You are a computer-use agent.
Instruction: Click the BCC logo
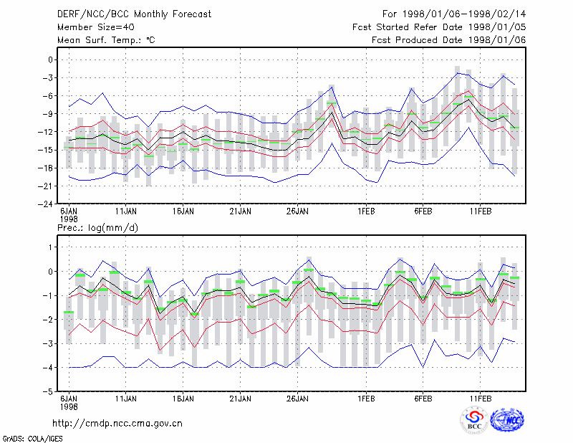(474, 421)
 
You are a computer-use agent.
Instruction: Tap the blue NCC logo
(507, 420)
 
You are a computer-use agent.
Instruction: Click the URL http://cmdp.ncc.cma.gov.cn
(117, 424)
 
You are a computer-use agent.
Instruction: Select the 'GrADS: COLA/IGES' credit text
(32, 439)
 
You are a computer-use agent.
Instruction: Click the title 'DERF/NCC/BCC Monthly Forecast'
(134, 14)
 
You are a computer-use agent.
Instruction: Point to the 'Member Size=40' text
(96, 27)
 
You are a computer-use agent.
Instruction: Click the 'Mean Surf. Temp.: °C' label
(106, 40)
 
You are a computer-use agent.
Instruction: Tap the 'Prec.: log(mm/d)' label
(97, 228)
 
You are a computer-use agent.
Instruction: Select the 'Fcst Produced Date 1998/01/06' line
(449, 40)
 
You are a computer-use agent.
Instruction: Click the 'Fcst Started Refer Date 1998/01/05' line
(439, 27)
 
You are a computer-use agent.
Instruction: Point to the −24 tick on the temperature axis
(46, 204)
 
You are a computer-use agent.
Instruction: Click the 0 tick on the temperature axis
(50, 60)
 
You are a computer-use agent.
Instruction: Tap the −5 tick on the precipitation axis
(48, 392)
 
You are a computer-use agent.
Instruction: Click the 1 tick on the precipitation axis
(50, 247)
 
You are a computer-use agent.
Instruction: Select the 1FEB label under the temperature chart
(366, 211)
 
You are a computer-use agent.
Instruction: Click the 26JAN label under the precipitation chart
(297, 399)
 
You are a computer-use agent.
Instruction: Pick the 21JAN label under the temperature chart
(241, 211)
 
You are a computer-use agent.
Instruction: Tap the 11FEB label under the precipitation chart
(481, 399)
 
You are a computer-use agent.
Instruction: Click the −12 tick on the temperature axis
(46, 132)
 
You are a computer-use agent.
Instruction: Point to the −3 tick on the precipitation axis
(48, 344)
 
